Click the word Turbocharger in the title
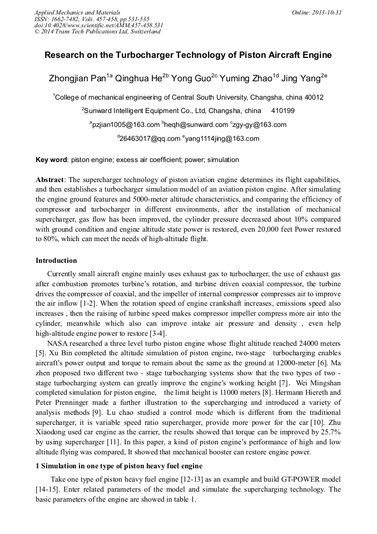(x=145, y=55)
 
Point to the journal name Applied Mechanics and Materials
(x=77, y=12)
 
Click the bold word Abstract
(x=50, y=180)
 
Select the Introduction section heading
(x=56, y=261)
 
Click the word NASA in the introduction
(x=58, y=344)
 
